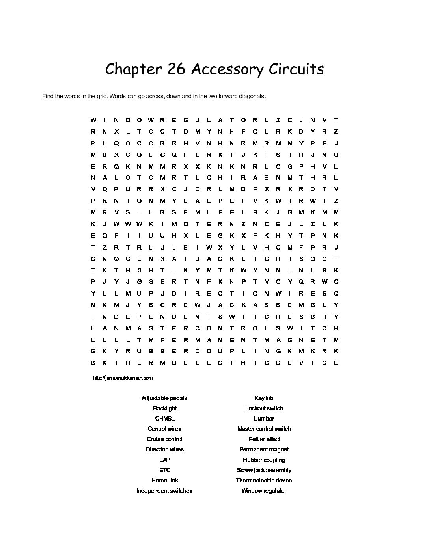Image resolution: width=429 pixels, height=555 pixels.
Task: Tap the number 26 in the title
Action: [177, 69]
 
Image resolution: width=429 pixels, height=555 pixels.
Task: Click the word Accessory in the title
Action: [227, 69]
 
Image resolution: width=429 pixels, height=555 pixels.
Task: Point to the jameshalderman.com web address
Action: [123, 378]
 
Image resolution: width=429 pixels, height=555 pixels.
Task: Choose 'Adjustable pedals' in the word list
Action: [164, 398]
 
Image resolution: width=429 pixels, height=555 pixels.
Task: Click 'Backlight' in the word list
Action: [164, 408]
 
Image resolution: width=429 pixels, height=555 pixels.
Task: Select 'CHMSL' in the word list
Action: [164, 419]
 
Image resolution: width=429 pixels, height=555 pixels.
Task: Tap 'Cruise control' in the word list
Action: [164, 439]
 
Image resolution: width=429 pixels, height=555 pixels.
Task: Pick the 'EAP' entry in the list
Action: [164, 460]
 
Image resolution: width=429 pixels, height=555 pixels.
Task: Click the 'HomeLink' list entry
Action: [164, 481]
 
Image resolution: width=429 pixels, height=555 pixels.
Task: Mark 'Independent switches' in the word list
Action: [164, 491]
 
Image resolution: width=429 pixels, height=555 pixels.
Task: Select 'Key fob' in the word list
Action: [264, 398]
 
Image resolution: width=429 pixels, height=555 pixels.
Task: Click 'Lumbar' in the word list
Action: [264, 419]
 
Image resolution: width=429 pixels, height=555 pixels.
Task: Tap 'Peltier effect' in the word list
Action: [264, 439]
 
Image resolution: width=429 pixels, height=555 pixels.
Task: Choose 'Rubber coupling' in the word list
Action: [264, 460]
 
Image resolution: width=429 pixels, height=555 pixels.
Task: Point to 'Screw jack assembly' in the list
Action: [264, 470]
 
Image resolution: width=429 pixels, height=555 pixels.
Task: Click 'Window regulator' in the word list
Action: [264, 491]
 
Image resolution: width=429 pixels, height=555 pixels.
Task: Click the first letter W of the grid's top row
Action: [93, 120]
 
